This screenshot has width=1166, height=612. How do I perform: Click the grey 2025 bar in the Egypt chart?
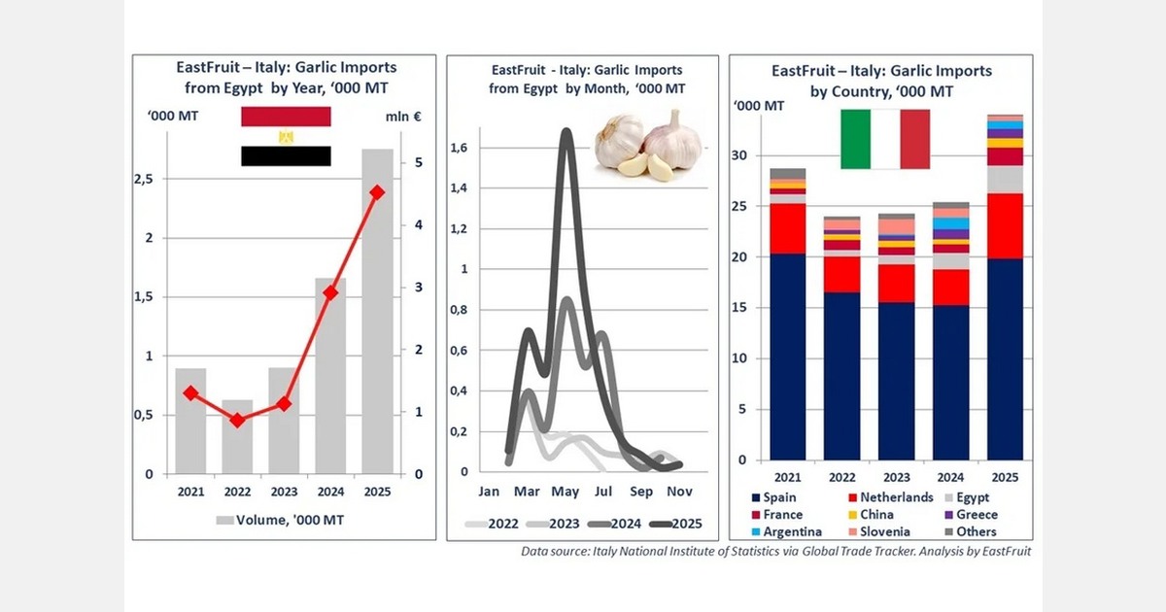click(x=377, y=311)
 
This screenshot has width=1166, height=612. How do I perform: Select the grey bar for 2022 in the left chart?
click(x=237, y=436)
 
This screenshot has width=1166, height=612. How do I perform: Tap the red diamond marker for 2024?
click(x=330, y=292)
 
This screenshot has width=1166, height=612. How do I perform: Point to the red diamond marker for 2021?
click(x=190, y=393)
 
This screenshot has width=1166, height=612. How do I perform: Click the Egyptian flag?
click(x=286, y=137)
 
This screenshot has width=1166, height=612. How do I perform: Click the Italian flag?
click(x=884, y=139)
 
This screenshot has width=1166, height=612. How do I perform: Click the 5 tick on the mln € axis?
click(x=417, y=162)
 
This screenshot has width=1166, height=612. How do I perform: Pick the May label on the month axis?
click(x=566, y=492)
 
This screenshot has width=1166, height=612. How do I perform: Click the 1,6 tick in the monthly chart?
click(x=460, y=147)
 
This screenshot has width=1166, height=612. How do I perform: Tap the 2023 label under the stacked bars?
click(x=896, y=476)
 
